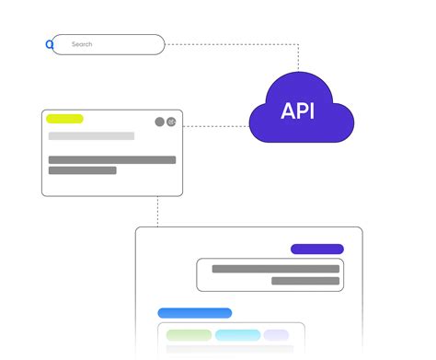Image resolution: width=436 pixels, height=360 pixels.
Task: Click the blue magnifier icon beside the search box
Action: tap(50, 43)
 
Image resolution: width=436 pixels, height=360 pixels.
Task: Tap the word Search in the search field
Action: tap(82, 44)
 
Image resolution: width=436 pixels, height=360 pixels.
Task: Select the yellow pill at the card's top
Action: tap(64, 119)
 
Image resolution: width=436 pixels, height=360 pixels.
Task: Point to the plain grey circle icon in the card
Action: tap(159, 122)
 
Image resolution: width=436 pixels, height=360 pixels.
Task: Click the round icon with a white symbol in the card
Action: tap(171, 122)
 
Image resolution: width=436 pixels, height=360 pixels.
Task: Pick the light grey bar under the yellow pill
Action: tap(91, 136)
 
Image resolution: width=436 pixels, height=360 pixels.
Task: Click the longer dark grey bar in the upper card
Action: tap(111, 159)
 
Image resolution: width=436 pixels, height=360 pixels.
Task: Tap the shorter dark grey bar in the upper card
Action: tap(82, 170)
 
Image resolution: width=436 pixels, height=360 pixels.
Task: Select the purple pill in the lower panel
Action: tap(316, 249)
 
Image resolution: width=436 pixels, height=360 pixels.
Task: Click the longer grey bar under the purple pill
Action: tap(275, 269)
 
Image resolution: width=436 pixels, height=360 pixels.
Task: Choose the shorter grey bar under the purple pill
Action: tap(265, 281)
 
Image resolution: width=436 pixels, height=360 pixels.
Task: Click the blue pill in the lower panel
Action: tap(194, 313)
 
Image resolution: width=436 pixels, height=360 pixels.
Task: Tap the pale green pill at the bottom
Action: tap(189, 335)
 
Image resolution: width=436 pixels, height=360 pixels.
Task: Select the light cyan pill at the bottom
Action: tap(237, 335)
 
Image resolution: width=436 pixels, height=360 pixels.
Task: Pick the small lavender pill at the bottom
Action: tap(276, 335)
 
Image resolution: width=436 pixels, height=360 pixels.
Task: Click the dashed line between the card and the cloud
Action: tap(215, 126)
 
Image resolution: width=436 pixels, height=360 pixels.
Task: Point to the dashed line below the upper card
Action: tap(157, 211)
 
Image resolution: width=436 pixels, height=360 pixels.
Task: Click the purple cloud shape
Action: tap(267, 124)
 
